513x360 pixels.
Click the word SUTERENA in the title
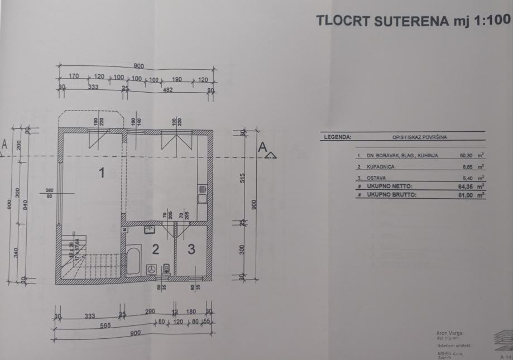406,21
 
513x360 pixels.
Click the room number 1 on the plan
102,174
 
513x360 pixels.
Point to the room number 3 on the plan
191,250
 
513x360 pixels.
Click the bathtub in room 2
133,256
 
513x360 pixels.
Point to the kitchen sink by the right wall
202,195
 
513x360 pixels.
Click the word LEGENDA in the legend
337,136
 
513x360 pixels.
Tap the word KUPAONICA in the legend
380,167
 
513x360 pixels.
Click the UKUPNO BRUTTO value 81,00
466,195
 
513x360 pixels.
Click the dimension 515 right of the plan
242,185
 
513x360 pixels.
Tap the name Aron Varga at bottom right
449,333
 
